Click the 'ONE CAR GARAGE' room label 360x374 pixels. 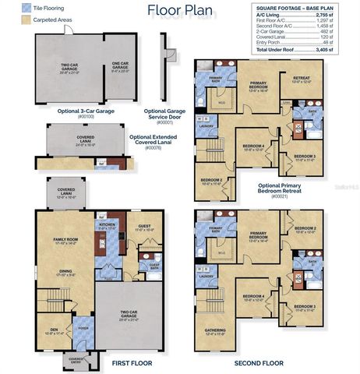coord(120,66)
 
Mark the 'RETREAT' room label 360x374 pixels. coord(302,79)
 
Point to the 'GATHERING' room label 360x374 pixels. coord(214,330)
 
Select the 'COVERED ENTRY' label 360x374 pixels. coord(76,358)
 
